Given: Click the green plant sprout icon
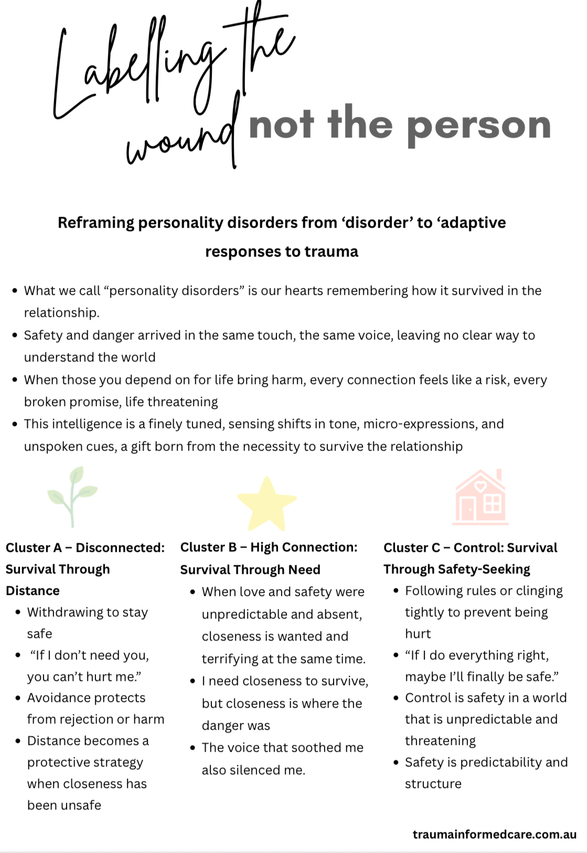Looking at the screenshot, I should pos(72,496).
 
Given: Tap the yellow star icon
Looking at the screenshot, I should pos(266,503).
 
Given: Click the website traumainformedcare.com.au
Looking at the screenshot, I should pos(494,834).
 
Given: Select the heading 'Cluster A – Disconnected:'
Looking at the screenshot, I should pos(85,548).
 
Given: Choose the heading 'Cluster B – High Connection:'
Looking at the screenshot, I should pos(269,547).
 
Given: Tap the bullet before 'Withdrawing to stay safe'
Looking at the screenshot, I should pos(18,612).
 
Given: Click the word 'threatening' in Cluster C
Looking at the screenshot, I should pos(440,741).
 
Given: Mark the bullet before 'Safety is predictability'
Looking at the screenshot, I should pos(396,762).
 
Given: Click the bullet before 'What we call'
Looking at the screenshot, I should pos(15,291).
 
